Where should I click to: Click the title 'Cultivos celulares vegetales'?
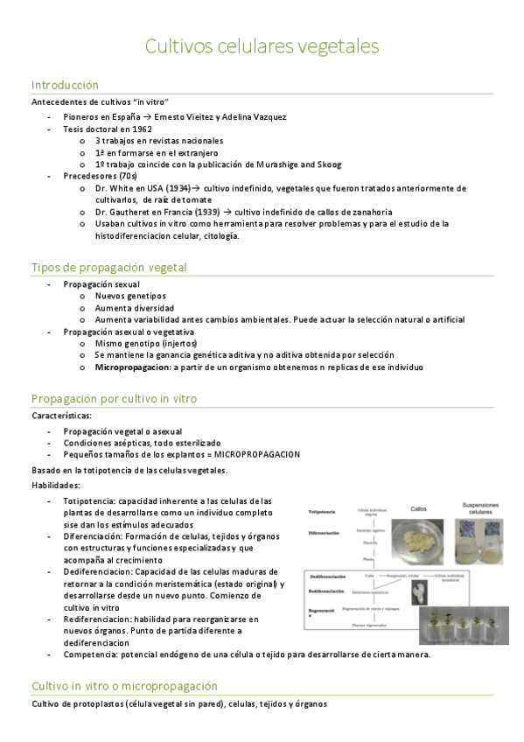(262, 45)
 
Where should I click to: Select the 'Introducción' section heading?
(65, 85)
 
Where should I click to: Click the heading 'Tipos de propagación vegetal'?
(108, 267)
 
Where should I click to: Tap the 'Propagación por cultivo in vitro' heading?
(114, 398)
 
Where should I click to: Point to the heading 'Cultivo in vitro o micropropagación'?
(124, 686)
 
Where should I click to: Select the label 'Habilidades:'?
(55, 485)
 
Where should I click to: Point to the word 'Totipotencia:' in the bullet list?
(88, 500)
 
